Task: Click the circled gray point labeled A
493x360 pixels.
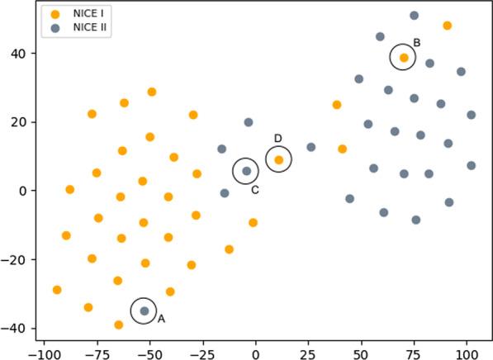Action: [x=144, y=310]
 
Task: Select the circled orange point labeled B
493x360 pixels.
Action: [x=404, y=57]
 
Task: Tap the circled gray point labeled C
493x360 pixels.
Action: [x=246, y=171]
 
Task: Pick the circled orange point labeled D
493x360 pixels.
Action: [x=279, y=159]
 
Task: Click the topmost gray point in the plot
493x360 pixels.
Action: [x=414, y=16]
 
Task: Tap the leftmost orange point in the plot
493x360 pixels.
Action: [x=57, y=290]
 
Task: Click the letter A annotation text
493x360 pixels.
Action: [x=161, y=319]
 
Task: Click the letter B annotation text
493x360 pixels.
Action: [x=417, y=43]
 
